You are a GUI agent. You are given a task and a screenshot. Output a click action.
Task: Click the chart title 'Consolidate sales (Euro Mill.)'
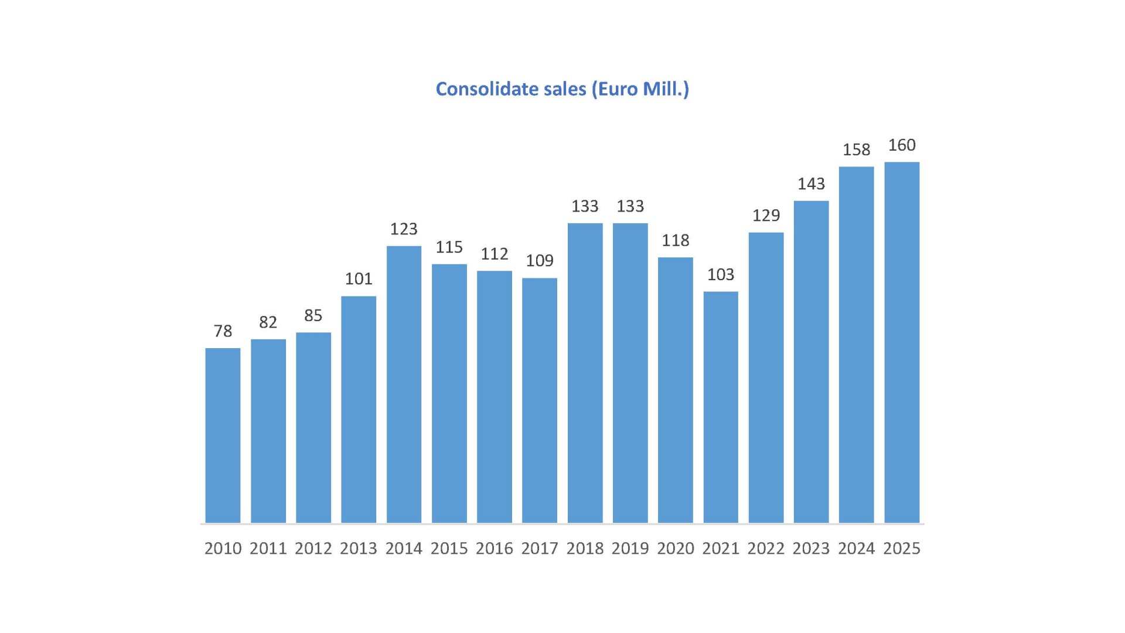pos(562,89)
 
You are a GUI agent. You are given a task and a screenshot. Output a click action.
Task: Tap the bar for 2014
pos(404,384)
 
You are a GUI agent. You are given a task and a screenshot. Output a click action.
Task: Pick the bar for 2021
pos(721,407)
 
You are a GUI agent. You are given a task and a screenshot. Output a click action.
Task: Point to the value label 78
pos(223,331)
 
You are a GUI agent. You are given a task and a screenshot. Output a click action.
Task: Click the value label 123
pos(404,229)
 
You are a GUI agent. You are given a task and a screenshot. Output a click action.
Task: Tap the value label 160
pos(902,145)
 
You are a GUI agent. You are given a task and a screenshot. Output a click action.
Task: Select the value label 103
pos(721,274)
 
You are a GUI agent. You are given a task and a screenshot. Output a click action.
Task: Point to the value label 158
pos(856,149)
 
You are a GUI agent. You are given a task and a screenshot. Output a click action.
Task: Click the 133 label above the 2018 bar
pos(585,206)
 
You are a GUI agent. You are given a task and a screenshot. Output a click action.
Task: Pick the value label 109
pos(540,260)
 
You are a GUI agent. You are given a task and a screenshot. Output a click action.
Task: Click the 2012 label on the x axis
pos(313,549)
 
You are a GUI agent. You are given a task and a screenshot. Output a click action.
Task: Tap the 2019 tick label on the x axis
pos(630,549)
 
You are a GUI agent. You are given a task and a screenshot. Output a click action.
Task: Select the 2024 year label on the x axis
pos(856,549)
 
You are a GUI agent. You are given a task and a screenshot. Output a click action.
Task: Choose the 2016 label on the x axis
pos(494,549)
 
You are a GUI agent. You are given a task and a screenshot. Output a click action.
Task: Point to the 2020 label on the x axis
pos(675,549)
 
